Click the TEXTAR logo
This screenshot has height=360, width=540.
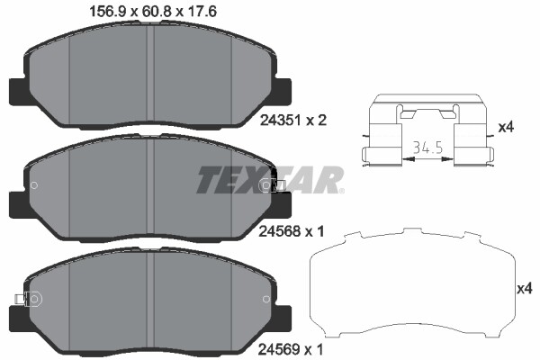pos(270,179)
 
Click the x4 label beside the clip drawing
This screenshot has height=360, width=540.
pos(506,127)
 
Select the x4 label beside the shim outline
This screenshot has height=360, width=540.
pos(524,289)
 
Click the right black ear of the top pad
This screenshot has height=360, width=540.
pos(282,92)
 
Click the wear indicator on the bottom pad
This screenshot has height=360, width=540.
pos(22,300)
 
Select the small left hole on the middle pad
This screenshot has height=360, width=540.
pos(34,186)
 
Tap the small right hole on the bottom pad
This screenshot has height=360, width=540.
pos(265,300)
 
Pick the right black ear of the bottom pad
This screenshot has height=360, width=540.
pos(282,317)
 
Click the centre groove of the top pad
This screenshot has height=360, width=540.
pos(150,76)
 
